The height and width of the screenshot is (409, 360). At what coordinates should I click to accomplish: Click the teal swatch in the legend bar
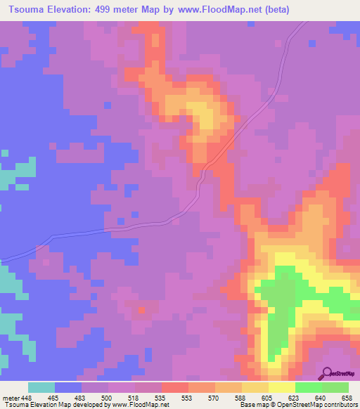pyautogui.click(x=41, y=387)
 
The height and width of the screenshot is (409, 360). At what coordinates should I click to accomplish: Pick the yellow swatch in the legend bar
pyautogui.click(x=281, y=387)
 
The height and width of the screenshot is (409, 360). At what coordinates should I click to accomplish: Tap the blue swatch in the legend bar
pyautogui.click(x=68, y=387)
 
